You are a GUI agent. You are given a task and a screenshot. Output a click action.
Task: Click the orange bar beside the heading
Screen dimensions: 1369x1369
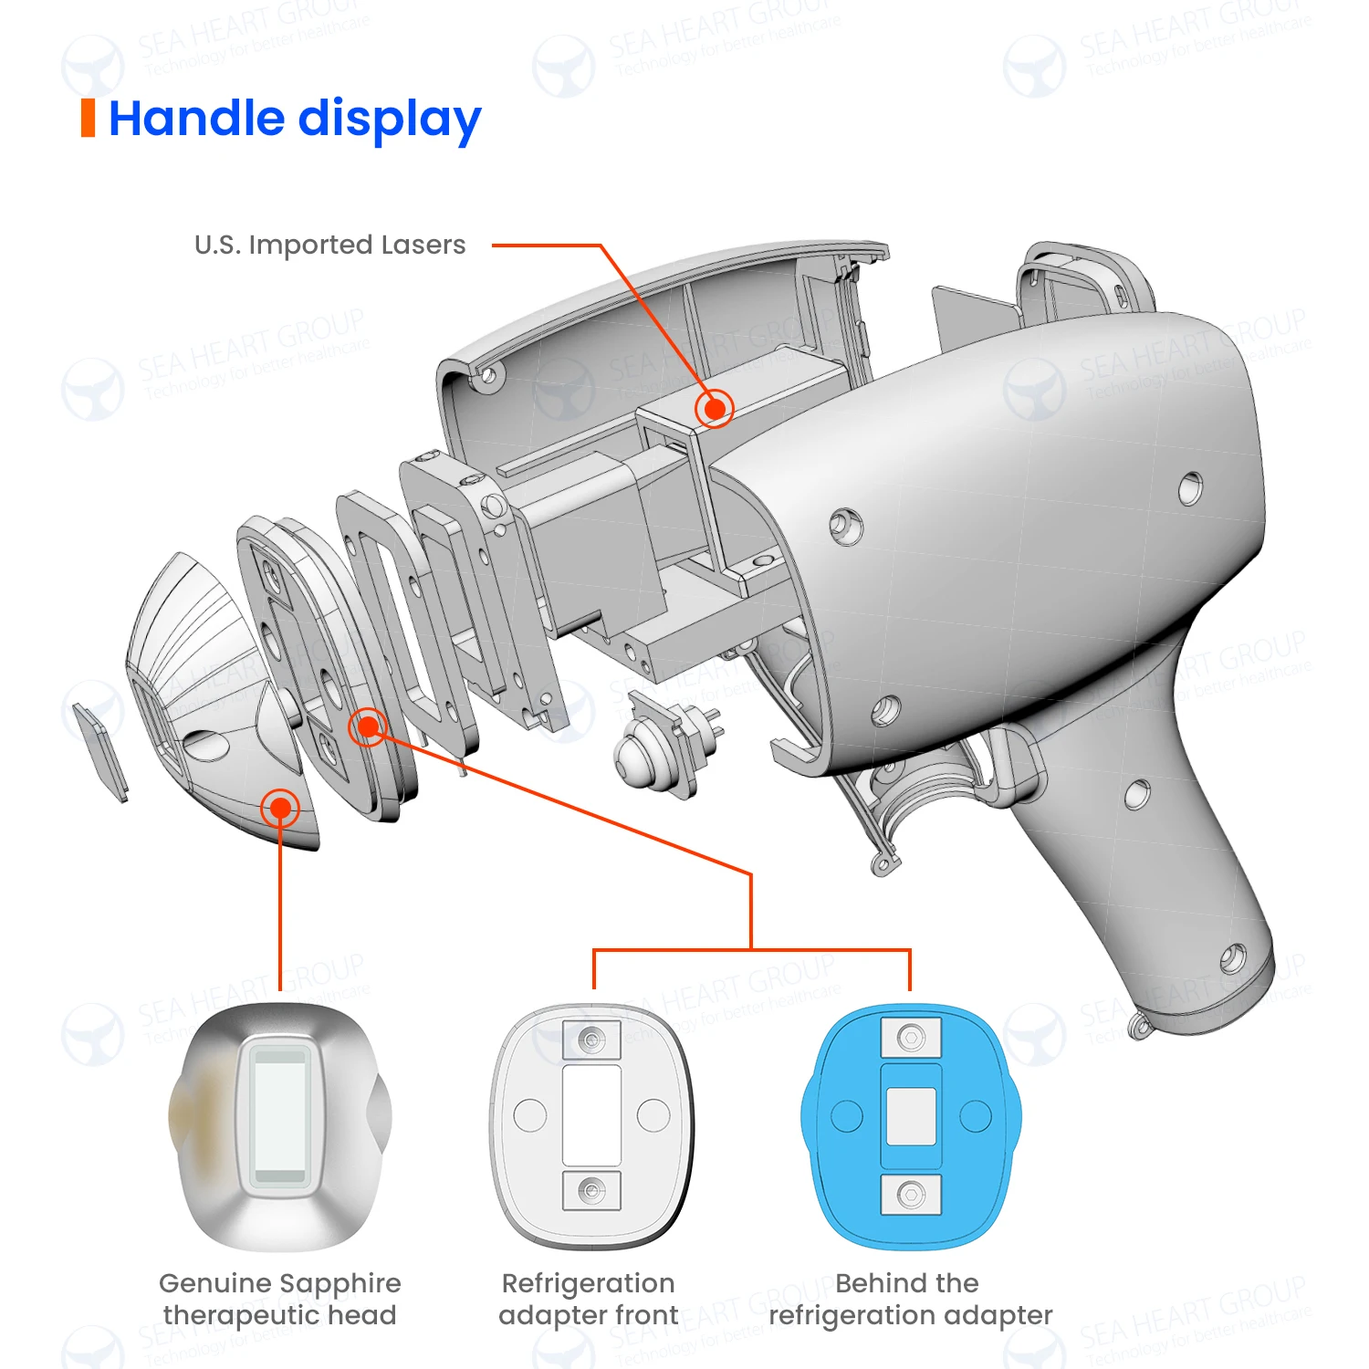[x=88, y=119]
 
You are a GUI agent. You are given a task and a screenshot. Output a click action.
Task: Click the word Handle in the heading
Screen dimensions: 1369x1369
[x=196, y=119]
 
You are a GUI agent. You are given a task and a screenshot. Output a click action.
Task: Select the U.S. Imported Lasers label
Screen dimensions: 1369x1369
[x=329, y=245]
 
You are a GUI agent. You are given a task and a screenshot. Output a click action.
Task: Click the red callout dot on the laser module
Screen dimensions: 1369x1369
[x=715, y=409]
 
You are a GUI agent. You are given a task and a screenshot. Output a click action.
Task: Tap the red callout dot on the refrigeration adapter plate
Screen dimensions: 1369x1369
[x=368, y=726]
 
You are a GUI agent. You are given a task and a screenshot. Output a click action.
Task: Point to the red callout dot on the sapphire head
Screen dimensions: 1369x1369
[x=280, y=808]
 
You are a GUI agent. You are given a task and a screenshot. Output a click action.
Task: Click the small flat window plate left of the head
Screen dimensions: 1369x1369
[x=100, y=749]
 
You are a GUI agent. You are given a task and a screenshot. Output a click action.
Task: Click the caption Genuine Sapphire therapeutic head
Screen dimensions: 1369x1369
[x=280, y=1299]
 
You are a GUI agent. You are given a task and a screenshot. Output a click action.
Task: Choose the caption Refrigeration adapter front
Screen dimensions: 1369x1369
[x=589, y=1299]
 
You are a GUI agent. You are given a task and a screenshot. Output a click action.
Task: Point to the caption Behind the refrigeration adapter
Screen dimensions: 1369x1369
[x=910, y=1299]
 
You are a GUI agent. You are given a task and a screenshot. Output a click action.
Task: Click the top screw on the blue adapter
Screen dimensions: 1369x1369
[x=911, y=1038]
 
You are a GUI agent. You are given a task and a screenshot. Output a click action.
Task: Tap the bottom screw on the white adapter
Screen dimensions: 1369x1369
[x=591, y=1191]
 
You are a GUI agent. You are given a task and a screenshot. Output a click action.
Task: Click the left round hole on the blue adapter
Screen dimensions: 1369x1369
[x=846, y=1115]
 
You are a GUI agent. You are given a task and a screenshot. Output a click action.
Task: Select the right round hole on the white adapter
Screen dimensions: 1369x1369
[x=653, y=1114]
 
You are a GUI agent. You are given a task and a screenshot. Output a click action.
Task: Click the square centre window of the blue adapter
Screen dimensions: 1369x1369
[x=911, y=1115]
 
